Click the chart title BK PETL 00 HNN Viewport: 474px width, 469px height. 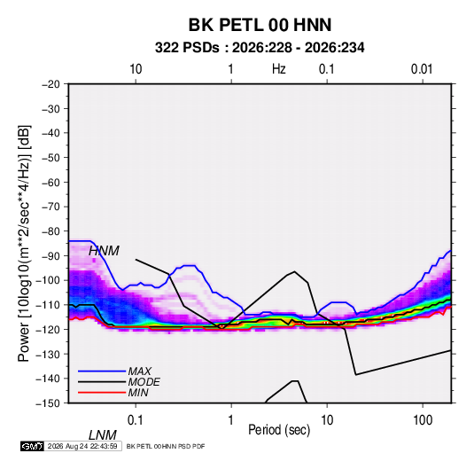[260, 25]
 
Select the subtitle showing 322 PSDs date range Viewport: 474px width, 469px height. [260, 48]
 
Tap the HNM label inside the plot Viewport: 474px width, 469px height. [104, 251]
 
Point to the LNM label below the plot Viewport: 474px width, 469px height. [103, 435]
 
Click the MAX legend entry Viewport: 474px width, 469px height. [140, 371]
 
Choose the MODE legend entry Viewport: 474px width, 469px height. [144, 382]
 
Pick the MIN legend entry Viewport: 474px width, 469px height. [138, 393]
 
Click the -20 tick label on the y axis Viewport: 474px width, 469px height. [51, 84]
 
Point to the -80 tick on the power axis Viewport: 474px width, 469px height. [51, 231]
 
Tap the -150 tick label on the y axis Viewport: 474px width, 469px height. [48, 403]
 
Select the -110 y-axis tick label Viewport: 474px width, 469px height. [48, 305]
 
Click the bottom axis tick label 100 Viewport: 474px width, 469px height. [423, 420]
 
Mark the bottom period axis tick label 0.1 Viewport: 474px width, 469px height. [136, 420]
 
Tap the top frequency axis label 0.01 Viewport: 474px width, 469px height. [422, 69]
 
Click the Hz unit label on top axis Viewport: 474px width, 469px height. [279, 69]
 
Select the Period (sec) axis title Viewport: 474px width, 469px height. [279, 430]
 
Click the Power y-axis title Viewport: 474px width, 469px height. [24, 243]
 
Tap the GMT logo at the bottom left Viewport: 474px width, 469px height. [32, 446]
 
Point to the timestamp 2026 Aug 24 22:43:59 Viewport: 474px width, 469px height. [82, 446]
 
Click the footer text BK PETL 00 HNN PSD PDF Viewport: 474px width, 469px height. [166, 446]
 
